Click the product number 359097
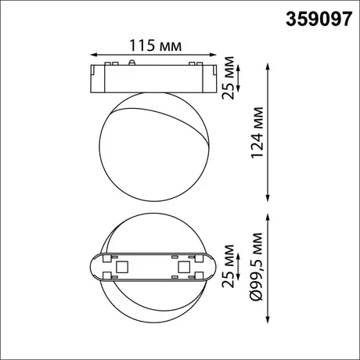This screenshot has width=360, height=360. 319,20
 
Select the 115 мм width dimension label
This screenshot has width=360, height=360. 155,45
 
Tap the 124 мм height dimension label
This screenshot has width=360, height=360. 257,132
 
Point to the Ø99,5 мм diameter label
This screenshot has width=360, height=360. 256,267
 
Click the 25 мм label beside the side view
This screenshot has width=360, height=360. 228,77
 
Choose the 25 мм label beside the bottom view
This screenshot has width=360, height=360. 228,266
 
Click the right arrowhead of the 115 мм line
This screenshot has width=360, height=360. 213,55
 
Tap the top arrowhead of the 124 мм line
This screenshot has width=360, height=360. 267,67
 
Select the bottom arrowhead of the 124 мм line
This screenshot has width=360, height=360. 267,198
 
